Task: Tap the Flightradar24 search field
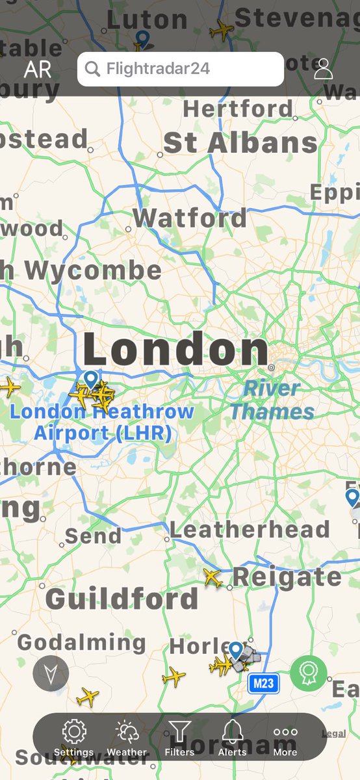[x=180, y=69]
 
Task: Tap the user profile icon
[x=323, y=69]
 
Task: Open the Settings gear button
[x=74, y=737]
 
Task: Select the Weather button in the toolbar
[x=127, y=737]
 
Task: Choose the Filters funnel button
[x=179, y=737]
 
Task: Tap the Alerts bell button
[x=232, y=737]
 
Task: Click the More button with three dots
[x=285, y=737]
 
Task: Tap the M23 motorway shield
[x=263, y=683]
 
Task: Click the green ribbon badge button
[x=308, y=673]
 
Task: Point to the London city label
[x=175, y=350]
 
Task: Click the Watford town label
[x=190, y=218]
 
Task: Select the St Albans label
[x=240, y=143]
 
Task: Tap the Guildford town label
[x=122, y=599]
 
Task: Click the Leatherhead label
[x=250, y=530]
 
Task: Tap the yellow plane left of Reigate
[x=212, y=577]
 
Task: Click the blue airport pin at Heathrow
[x=91, y=379]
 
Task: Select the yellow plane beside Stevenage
[x=221, y=30]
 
